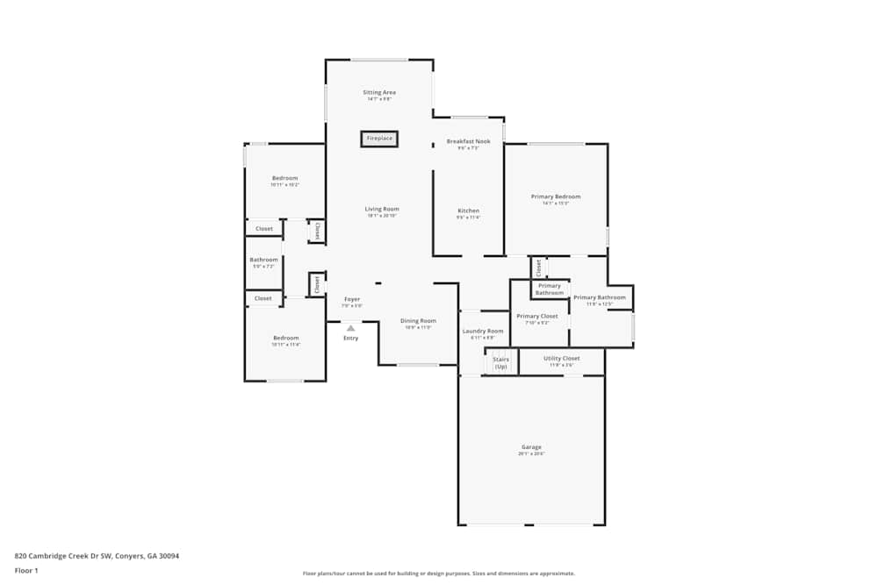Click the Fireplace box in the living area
[x=379, y=139]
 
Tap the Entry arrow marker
[x=350, y=328]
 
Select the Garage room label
[x=531, y=447]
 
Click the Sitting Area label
[x=379, y=92]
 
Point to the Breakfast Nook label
[x=468, y=141]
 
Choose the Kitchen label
[x=468, y=210]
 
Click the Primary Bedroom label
[x=556, y=196]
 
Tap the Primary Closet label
[x=536, y=316]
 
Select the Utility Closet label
[x=561, y=358]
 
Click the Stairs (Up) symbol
[x=500, y=361]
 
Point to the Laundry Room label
[x=483, y=331]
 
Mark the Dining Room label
[x=418, y=320]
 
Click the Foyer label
[x=351, y=299]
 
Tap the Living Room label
[x=382, y=209]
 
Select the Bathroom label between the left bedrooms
[x=263, y=260]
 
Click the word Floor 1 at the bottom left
[x=26, y=570]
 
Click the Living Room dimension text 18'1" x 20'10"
[x=382, y=216]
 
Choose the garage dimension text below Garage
[x=531, y=454]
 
